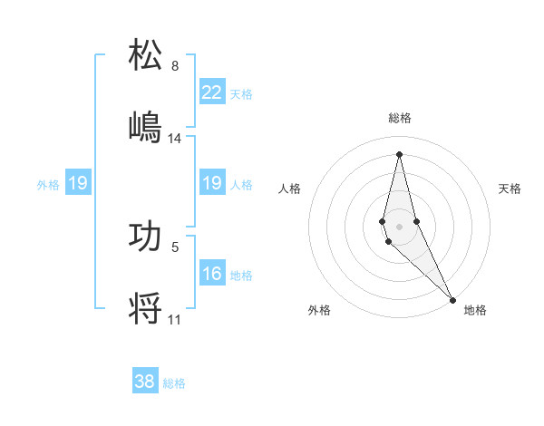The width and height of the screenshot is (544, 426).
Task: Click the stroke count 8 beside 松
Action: tap(175, 66)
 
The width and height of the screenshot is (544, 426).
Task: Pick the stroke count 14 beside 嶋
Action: tap(175, 139)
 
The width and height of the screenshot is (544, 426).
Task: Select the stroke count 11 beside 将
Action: tap(175, 319)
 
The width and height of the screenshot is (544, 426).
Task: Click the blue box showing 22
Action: tap(212, 92)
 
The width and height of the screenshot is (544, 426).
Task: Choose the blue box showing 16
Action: tap(212, 274)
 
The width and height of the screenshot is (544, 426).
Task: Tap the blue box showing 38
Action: tap(145, 382)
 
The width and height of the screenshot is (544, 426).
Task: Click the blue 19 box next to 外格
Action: tap(78, 183)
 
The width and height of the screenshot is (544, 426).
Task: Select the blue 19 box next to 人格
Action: tap(212, 183)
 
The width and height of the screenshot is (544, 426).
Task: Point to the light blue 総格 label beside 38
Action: tap(174, 383)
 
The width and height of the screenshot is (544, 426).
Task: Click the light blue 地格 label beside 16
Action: tap(241, 275)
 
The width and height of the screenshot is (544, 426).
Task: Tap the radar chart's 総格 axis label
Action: tap(400, 118)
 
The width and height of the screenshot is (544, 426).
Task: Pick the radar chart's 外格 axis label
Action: tap(319, 310)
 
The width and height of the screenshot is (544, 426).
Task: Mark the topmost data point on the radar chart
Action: tap(399, 153)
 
